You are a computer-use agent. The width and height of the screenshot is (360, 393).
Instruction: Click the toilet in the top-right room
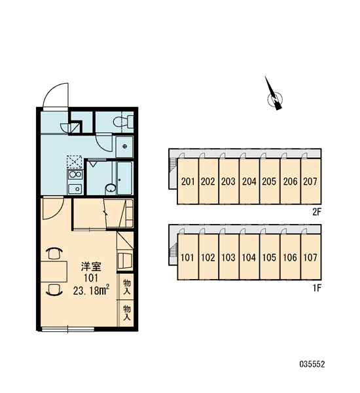(x=124, y=122)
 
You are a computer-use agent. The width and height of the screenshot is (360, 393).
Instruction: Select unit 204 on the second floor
(x=249, y=181)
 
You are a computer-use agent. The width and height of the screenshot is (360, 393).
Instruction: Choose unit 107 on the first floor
(x=311, y=257)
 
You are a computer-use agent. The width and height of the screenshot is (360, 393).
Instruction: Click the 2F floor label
(x=317, y=212)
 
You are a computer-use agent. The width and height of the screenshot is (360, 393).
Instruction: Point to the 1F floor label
(x=317, y=288)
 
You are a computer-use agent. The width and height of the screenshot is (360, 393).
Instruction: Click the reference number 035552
(x=312, y=364)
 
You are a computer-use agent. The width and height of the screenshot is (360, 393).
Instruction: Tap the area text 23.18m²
(x=91, y=290)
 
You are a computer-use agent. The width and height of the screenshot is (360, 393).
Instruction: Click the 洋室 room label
(x=91, y=267)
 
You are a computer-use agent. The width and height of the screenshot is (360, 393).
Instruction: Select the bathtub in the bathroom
(x=124, y=178)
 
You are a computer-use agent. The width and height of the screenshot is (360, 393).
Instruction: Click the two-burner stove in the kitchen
(x=75, y=174)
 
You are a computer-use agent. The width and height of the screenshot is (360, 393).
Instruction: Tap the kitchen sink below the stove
(x=75, y=189)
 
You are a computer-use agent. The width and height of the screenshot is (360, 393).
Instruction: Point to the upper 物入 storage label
(x=127, y=288)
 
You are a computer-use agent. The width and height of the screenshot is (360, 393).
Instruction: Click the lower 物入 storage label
(x=127, y=312)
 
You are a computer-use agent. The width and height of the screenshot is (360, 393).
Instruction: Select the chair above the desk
(x=54, y=253)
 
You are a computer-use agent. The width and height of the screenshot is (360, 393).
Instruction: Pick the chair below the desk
(x=54, y=290)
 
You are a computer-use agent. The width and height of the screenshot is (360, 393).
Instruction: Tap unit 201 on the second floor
(x=188, y=181)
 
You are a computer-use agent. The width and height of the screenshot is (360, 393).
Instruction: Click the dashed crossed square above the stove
(x=75, y=162)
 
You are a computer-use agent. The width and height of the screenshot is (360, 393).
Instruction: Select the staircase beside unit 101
(x=173, y=251)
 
